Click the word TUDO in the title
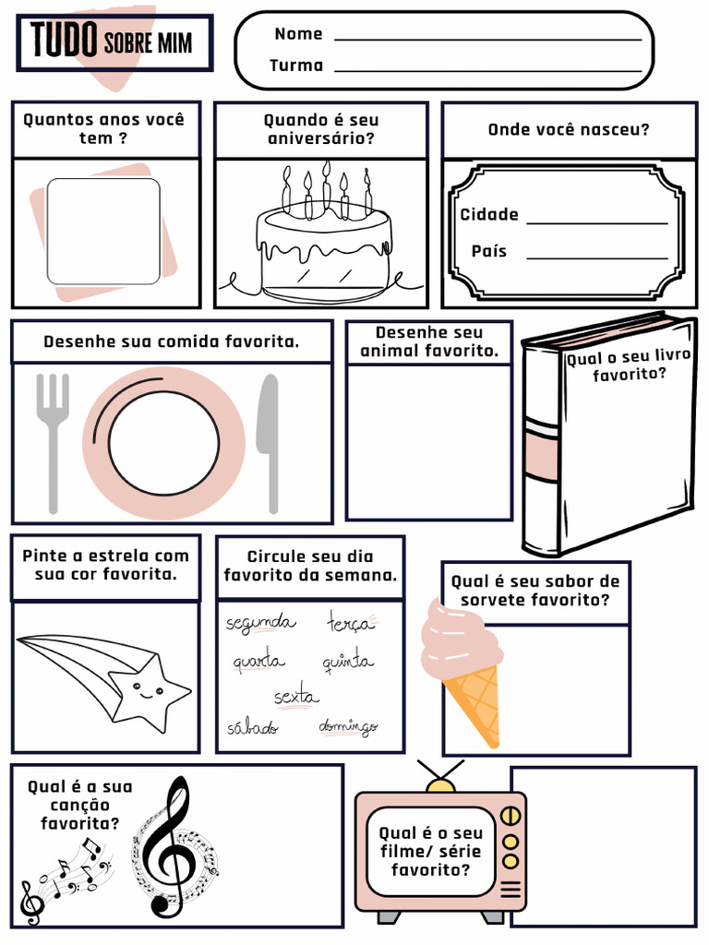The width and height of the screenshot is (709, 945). tap(65, 40)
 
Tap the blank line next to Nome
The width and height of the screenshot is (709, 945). tap(487, 40)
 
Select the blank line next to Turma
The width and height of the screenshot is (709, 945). tap(487, 70)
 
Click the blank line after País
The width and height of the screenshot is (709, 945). tap(596, 257)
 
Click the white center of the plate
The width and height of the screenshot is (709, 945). tap(163, 443)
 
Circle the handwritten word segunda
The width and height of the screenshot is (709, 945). tap(260, 624)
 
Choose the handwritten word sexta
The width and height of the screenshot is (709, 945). tap(296, 696)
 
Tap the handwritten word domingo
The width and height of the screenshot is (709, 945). tap(348, 727)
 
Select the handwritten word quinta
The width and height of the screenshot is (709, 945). tap(348, 662)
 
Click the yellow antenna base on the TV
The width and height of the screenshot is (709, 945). tap(440, 785)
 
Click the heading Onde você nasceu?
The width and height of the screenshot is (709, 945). tap(569, 129)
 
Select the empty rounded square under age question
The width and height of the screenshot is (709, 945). tap(103, 231)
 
